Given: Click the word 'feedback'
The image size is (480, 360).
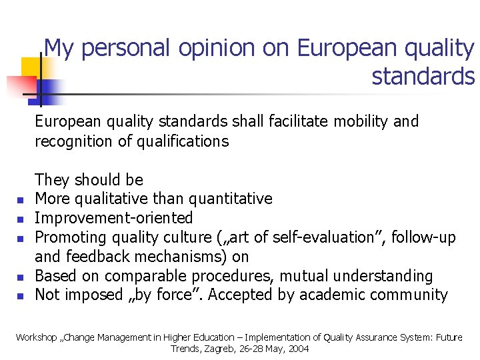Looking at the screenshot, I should click(x=97, y=257).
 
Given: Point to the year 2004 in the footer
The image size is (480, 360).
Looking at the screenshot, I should click(x=297, y=349).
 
